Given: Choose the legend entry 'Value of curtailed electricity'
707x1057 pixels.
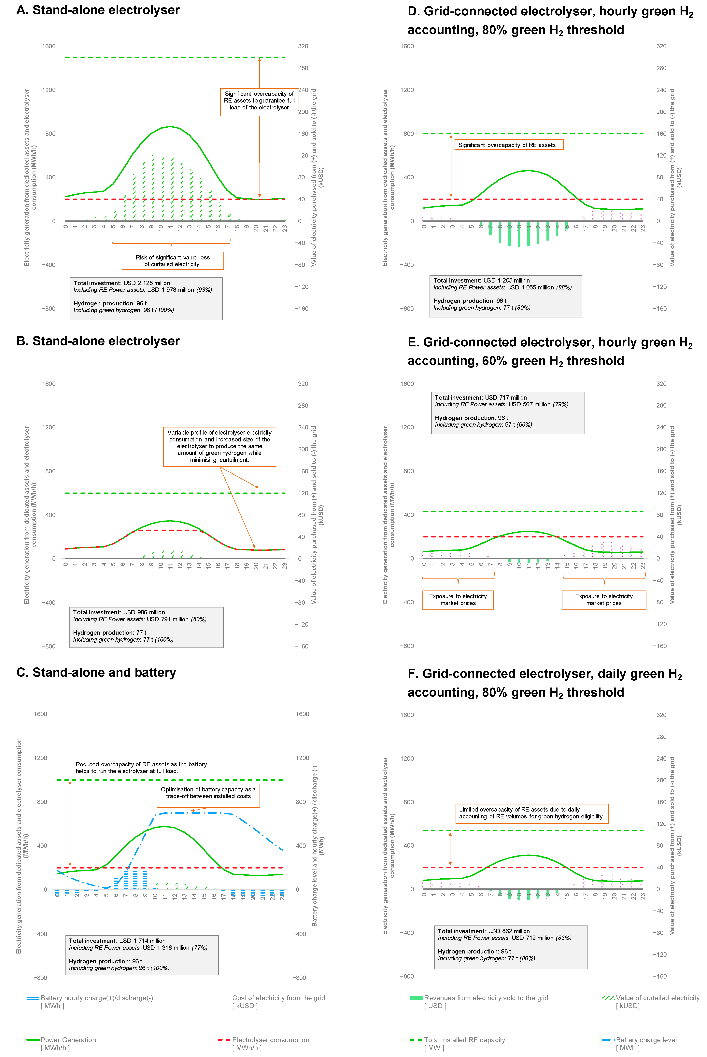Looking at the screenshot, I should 657,998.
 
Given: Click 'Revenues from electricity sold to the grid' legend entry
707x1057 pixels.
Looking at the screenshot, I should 486,998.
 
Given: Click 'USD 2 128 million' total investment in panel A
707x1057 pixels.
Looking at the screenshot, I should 147,283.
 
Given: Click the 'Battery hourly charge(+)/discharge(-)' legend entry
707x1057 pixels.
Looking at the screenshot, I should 96,998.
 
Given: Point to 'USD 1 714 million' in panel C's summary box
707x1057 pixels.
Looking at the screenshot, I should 142,941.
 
